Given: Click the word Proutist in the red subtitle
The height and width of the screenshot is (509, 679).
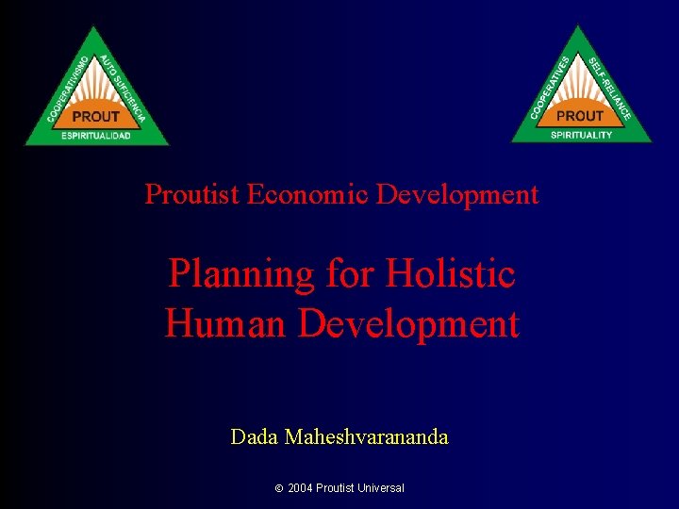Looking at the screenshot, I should (192, 195).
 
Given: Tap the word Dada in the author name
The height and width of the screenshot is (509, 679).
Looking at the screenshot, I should (255, 437).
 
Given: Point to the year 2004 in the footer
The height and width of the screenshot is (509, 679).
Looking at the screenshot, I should (300, 488).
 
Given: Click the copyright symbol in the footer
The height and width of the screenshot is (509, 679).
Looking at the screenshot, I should (279, 488).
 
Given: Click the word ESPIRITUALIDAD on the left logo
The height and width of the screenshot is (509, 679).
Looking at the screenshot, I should (96, 136).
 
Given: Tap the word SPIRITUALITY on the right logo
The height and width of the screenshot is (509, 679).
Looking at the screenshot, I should (582, 134).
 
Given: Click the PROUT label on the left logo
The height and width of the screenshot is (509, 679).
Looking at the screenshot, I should (96, 116).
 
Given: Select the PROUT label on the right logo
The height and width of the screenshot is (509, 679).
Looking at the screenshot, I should (580, 115).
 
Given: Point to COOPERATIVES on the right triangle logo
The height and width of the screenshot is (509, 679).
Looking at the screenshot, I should (551, 87).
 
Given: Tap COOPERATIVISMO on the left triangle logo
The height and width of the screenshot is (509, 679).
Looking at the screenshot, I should (67, 90).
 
